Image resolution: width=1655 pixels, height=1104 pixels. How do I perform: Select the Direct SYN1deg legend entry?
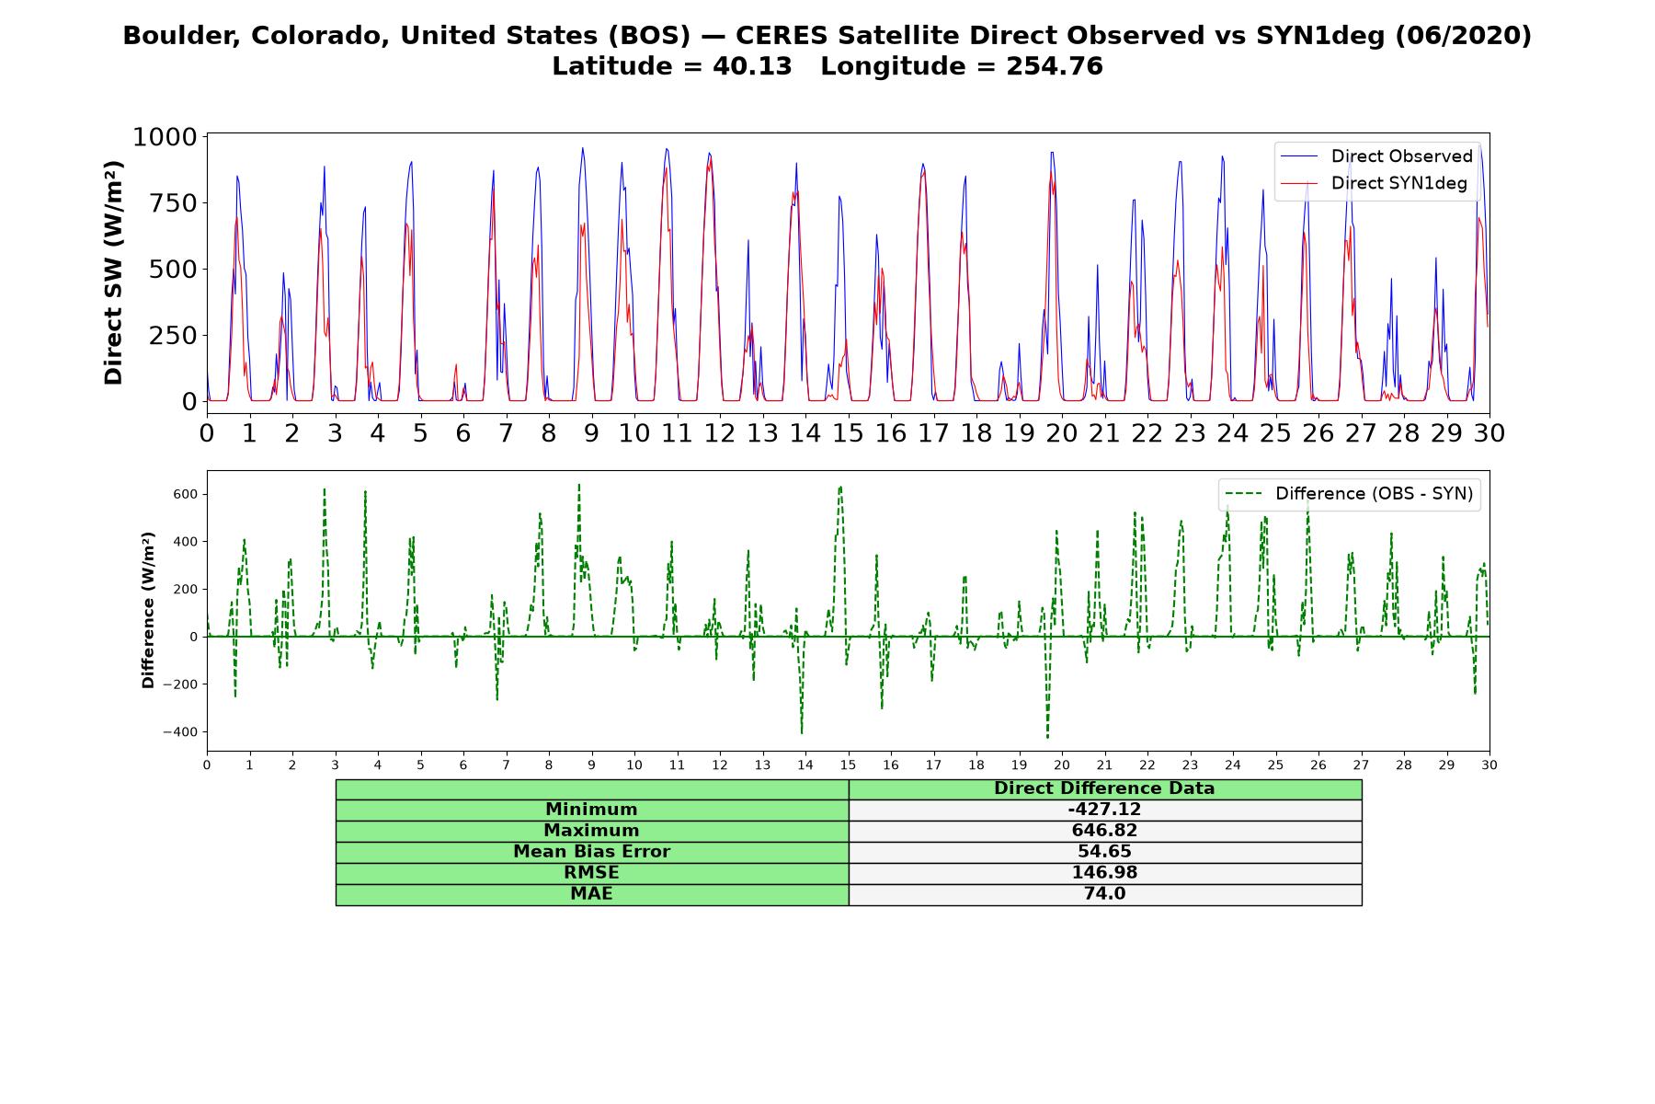pos(1374,183)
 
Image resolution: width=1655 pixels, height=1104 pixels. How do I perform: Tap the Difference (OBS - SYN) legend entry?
pos(1349,494)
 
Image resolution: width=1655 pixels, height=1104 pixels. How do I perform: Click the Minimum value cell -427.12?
pos(1104,810)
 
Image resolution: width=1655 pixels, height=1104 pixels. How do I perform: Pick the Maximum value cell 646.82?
pos(1104,831)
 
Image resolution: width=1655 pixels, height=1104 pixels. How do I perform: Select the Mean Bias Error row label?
pos(591,852)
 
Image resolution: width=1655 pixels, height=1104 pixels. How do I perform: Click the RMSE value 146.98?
pos(1104,873)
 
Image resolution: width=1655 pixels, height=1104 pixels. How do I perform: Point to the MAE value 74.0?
pos(1104,894)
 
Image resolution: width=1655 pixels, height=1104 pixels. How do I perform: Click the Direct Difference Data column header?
pos(1104,788)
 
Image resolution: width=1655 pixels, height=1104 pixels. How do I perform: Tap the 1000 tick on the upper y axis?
pos(165,137)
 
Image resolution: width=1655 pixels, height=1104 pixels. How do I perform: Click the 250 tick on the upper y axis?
pos(173,336)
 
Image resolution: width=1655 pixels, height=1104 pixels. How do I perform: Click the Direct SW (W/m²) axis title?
pos(113,273)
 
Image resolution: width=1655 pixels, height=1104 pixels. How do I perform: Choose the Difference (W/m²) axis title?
pos(148,611)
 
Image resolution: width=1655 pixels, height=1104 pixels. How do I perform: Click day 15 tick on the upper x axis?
pos(848,432)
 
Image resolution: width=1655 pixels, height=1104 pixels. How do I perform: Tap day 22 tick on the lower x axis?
pos(1147,765)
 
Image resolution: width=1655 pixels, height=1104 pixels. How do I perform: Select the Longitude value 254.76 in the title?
pos(1056,66)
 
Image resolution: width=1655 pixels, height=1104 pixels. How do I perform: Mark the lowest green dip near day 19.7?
pos(1047,737)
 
